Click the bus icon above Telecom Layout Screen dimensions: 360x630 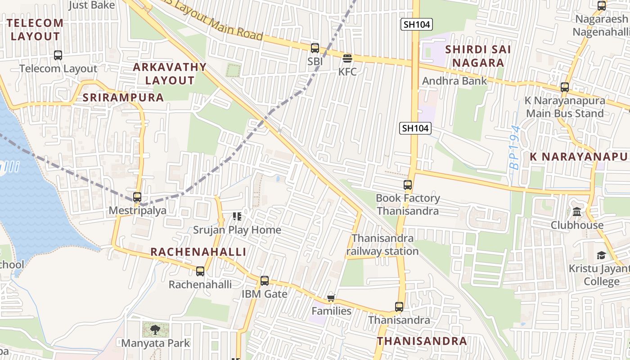(58, 55)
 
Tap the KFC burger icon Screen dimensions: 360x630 (347, 58)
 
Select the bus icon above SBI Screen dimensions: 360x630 (315, 48)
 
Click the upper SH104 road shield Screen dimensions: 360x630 (417, 24)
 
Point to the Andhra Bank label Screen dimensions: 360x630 (454, 81)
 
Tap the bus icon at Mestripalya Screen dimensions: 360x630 (137, 197)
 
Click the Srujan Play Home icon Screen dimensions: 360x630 (237, 216)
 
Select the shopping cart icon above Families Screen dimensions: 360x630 (331, 298)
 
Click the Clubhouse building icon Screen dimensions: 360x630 (577, 211)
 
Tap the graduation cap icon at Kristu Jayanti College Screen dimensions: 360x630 (601, 256)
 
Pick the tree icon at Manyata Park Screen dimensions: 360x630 (155, 329)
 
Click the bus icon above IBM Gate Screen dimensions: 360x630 (265, 281)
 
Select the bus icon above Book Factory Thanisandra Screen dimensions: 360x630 (408, 185)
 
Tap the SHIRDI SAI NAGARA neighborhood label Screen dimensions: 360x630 (477, 56)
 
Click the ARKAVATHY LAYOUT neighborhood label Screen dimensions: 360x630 (170, 74)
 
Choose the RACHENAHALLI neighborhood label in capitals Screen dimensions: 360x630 (198, 252)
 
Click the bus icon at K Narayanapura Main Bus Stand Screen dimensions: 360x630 (565, 87)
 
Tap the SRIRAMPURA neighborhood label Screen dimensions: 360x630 (123, 98)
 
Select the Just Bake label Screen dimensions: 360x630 (92, 5)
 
